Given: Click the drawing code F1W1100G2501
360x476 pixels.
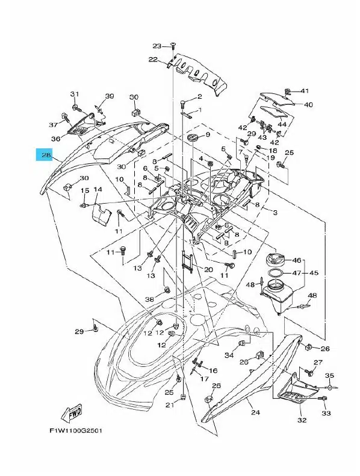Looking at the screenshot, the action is coord(76,430).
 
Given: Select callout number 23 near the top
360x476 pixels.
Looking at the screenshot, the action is coord(157,46).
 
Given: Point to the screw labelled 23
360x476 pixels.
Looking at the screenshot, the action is coord(173,46).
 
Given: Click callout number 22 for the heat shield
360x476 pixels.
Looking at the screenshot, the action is coord(153,59).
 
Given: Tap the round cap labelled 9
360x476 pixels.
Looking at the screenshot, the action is coord(192,137).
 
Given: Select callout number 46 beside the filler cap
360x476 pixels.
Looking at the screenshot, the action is coord(297,260).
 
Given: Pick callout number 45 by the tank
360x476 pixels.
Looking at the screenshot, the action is coord(314,272).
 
